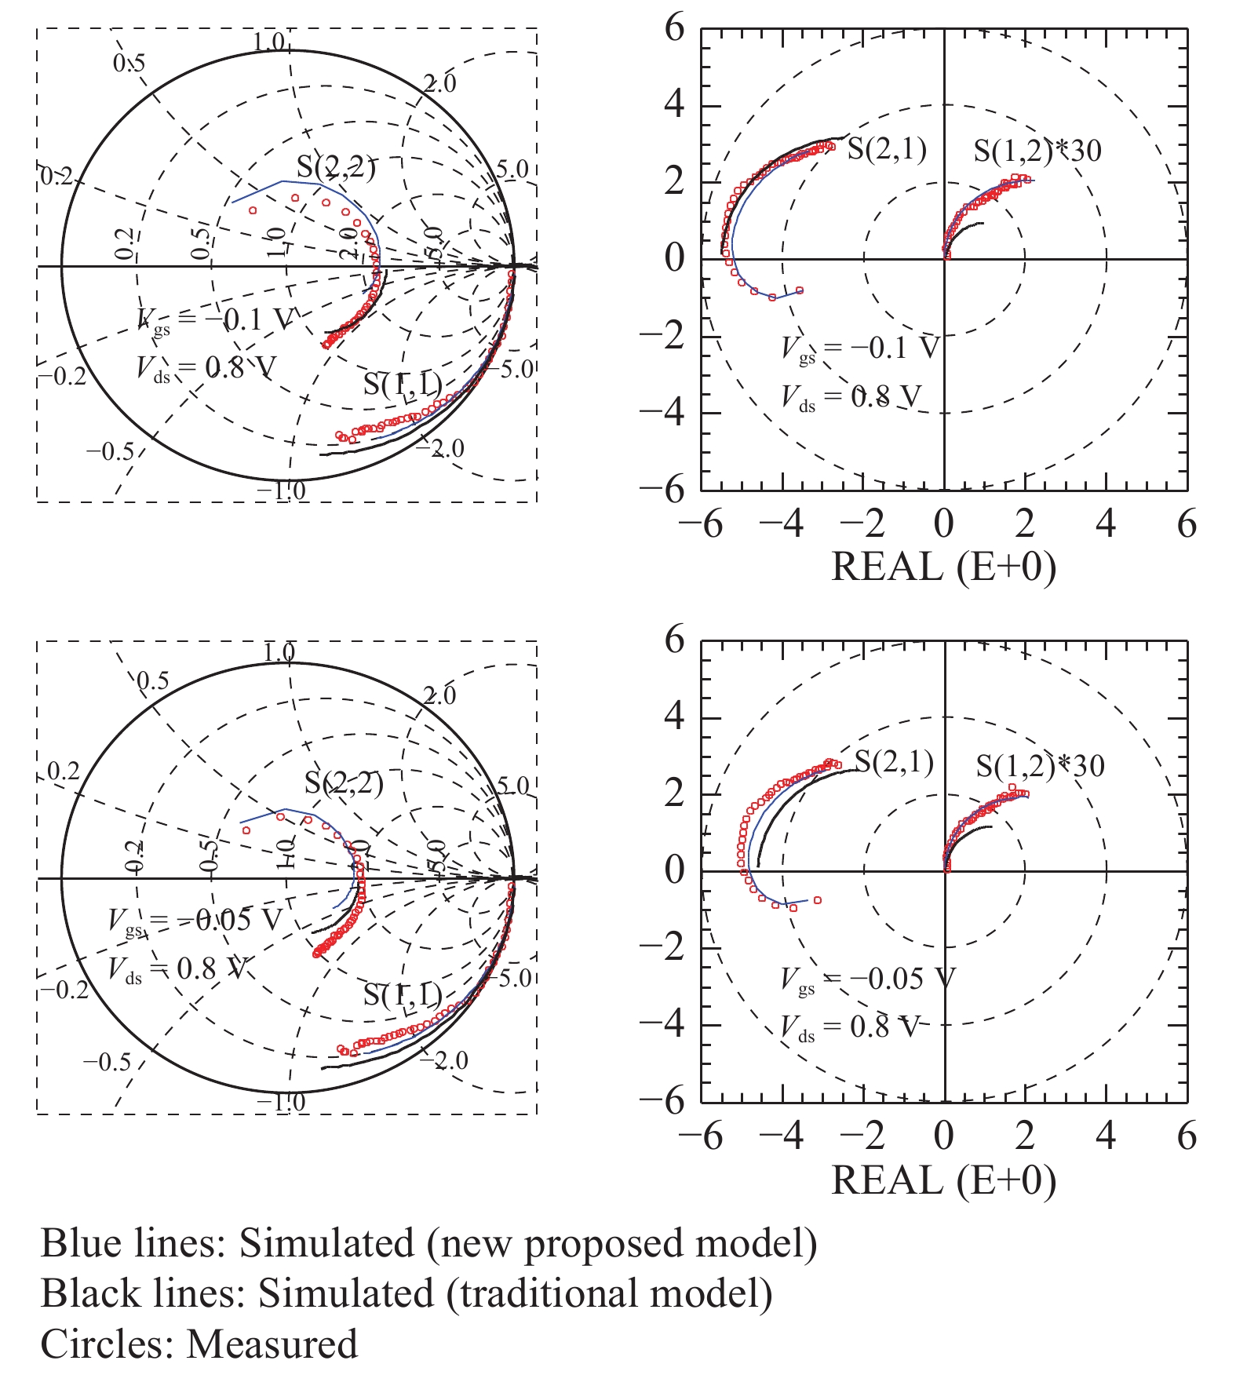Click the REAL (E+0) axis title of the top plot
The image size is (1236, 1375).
[x=943, y=567]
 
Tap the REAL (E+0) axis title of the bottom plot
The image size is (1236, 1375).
[x=943, y=1180]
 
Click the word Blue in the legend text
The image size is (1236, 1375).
[x=78, y=1243]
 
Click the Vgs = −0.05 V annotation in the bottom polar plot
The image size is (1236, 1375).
[x=867, y=979]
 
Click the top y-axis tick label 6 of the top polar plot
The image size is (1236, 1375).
[x=674, y=29]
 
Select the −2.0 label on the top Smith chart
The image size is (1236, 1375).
[x=440, y=448]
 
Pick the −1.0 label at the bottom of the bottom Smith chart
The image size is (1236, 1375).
[x=281, y=1103]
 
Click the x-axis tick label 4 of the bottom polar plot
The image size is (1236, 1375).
[x=1106, y=1136]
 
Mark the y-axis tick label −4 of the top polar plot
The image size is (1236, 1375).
[x=663, y=413]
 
